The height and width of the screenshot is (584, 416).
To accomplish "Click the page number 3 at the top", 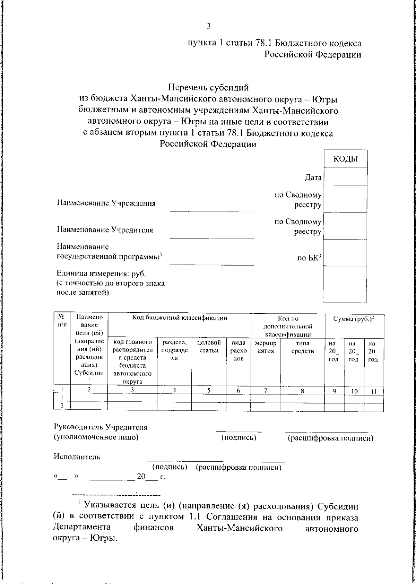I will [208, 26].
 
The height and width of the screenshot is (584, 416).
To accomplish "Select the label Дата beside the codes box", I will [313, 178].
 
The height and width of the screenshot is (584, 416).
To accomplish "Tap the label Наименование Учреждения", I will [106, 203].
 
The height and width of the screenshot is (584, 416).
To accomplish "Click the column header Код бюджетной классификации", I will [180, 318].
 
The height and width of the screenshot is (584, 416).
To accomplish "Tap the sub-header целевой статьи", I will [209, 347].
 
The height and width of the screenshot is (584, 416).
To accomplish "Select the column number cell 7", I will [265, 391].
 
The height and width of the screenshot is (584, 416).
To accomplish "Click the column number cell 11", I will [373, 391].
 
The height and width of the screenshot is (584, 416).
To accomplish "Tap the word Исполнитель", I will [77, 457].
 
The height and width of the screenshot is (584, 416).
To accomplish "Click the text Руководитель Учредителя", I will [100, 427].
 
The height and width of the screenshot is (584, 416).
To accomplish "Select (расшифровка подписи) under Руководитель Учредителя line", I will [330, 438].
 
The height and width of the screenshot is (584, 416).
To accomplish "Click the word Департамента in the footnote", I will [82, 528].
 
